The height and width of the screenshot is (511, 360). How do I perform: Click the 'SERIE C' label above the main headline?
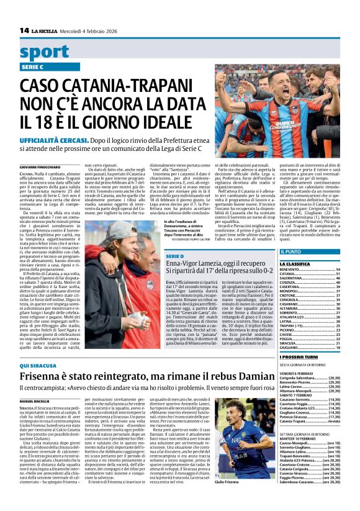[33, 67]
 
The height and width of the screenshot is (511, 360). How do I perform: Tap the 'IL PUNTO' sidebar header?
[291, 252]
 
